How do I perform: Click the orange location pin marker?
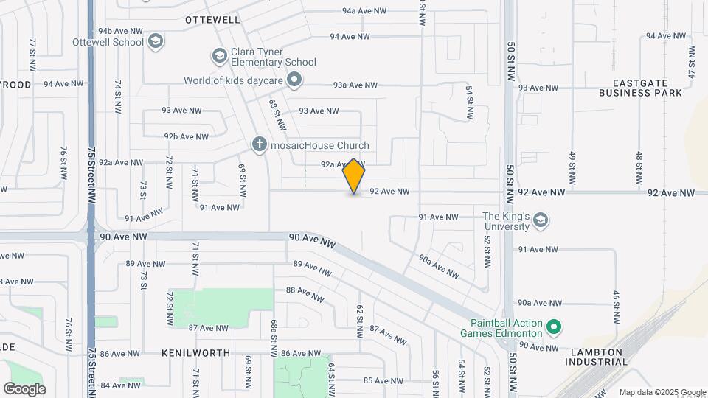(x=354, y=176)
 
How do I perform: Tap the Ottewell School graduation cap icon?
(x=155, y=41)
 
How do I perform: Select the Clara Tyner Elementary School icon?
(x=219, y=55)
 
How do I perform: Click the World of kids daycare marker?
(x=294, y=80)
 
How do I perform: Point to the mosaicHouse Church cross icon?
(x=259, y=144)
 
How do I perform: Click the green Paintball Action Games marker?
(x=555, y=326)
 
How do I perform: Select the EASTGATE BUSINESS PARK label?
(x=640, y=88)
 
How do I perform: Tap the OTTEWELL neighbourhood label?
(x=212, y=20)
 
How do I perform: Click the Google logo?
(x=25, y=388)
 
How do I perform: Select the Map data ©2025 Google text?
(x=662, y=392)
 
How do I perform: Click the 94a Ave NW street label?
(x=364, y=11)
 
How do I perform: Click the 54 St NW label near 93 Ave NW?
(x=469, y=102)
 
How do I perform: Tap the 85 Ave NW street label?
(x=383, y=381)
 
